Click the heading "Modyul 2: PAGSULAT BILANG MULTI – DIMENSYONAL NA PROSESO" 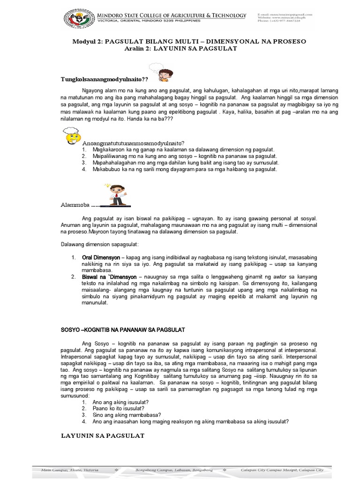point(189,41)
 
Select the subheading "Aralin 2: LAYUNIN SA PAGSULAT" point(180,49)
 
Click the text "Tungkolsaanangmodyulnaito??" point(104,79)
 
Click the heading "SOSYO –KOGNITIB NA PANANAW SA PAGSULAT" point(124,330)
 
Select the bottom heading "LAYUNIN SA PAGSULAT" point(103,435)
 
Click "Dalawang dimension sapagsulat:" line point(100,244)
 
